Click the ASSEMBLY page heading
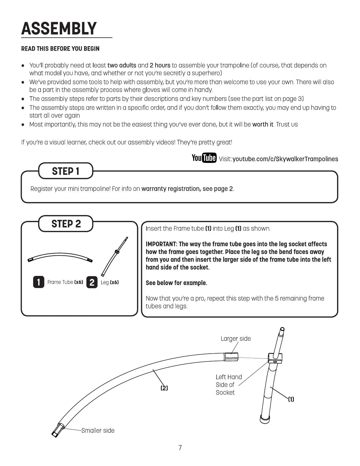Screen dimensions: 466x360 point(59,29)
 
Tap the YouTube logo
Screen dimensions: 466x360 point(204,158)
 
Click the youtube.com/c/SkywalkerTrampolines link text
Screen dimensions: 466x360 point(285,159)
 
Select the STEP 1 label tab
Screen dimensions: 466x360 point(66,171)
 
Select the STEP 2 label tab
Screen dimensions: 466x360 point(66,224)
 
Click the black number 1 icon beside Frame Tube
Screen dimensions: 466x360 point(39,282)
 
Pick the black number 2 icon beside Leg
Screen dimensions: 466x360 point(92,282)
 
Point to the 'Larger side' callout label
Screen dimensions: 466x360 point(236,339)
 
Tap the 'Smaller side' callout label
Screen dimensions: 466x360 point(98,430)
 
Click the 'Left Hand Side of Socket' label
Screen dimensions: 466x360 point(229,385)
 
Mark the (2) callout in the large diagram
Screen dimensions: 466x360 point(164,388)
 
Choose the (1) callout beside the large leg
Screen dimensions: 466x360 point(291,399)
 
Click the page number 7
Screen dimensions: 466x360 point(180,448)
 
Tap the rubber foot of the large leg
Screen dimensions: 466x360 point(265,418)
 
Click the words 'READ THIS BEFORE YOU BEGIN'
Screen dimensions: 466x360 point(60,49)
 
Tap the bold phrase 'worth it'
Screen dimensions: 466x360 point(263,124)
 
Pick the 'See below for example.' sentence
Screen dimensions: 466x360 point(176,283)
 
